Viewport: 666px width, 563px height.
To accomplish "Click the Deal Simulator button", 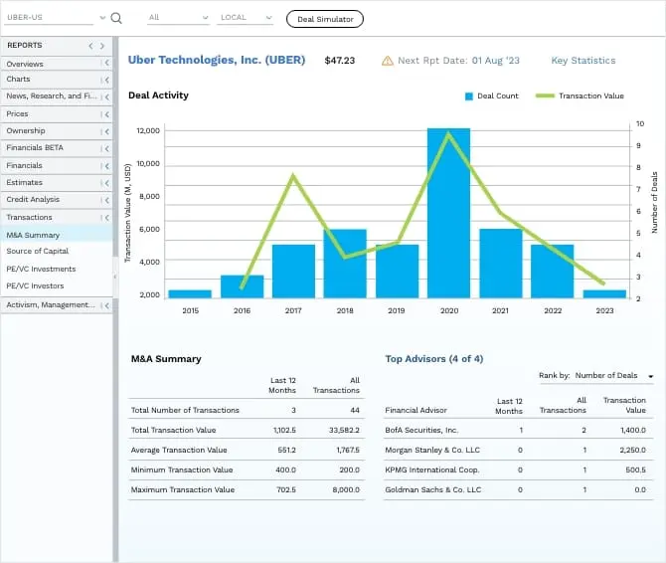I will (325, 19).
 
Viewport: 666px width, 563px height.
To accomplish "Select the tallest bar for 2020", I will (448, 213).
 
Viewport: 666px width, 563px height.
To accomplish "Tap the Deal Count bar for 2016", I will (242, 286).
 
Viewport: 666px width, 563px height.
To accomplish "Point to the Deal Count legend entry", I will (491, 95).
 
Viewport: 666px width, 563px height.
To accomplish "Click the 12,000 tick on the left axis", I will (148, 130).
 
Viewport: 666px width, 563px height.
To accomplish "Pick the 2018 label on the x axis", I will (345, 310).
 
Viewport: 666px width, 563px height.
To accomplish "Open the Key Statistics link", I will (583, 61).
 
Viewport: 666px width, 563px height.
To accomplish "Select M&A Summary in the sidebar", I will (34, 235).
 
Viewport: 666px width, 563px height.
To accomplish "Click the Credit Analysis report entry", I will (33, 200).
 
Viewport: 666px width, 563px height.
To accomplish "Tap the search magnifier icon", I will (116, 18).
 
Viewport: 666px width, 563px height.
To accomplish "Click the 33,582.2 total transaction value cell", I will (343, 430).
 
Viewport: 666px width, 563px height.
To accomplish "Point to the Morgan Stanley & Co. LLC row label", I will (432, 450).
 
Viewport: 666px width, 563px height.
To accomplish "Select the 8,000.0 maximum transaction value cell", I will (345, 489).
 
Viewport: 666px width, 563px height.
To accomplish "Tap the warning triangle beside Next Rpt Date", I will (387, 61).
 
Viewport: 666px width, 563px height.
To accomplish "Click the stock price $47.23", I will (339, 61).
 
